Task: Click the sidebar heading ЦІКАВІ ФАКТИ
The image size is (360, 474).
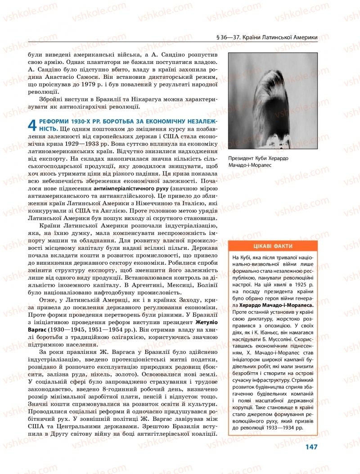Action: click(x=272, y=246)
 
